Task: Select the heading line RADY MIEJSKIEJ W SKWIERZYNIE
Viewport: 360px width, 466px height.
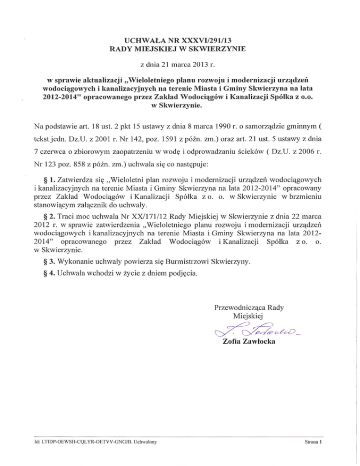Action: tap(180, 48)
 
